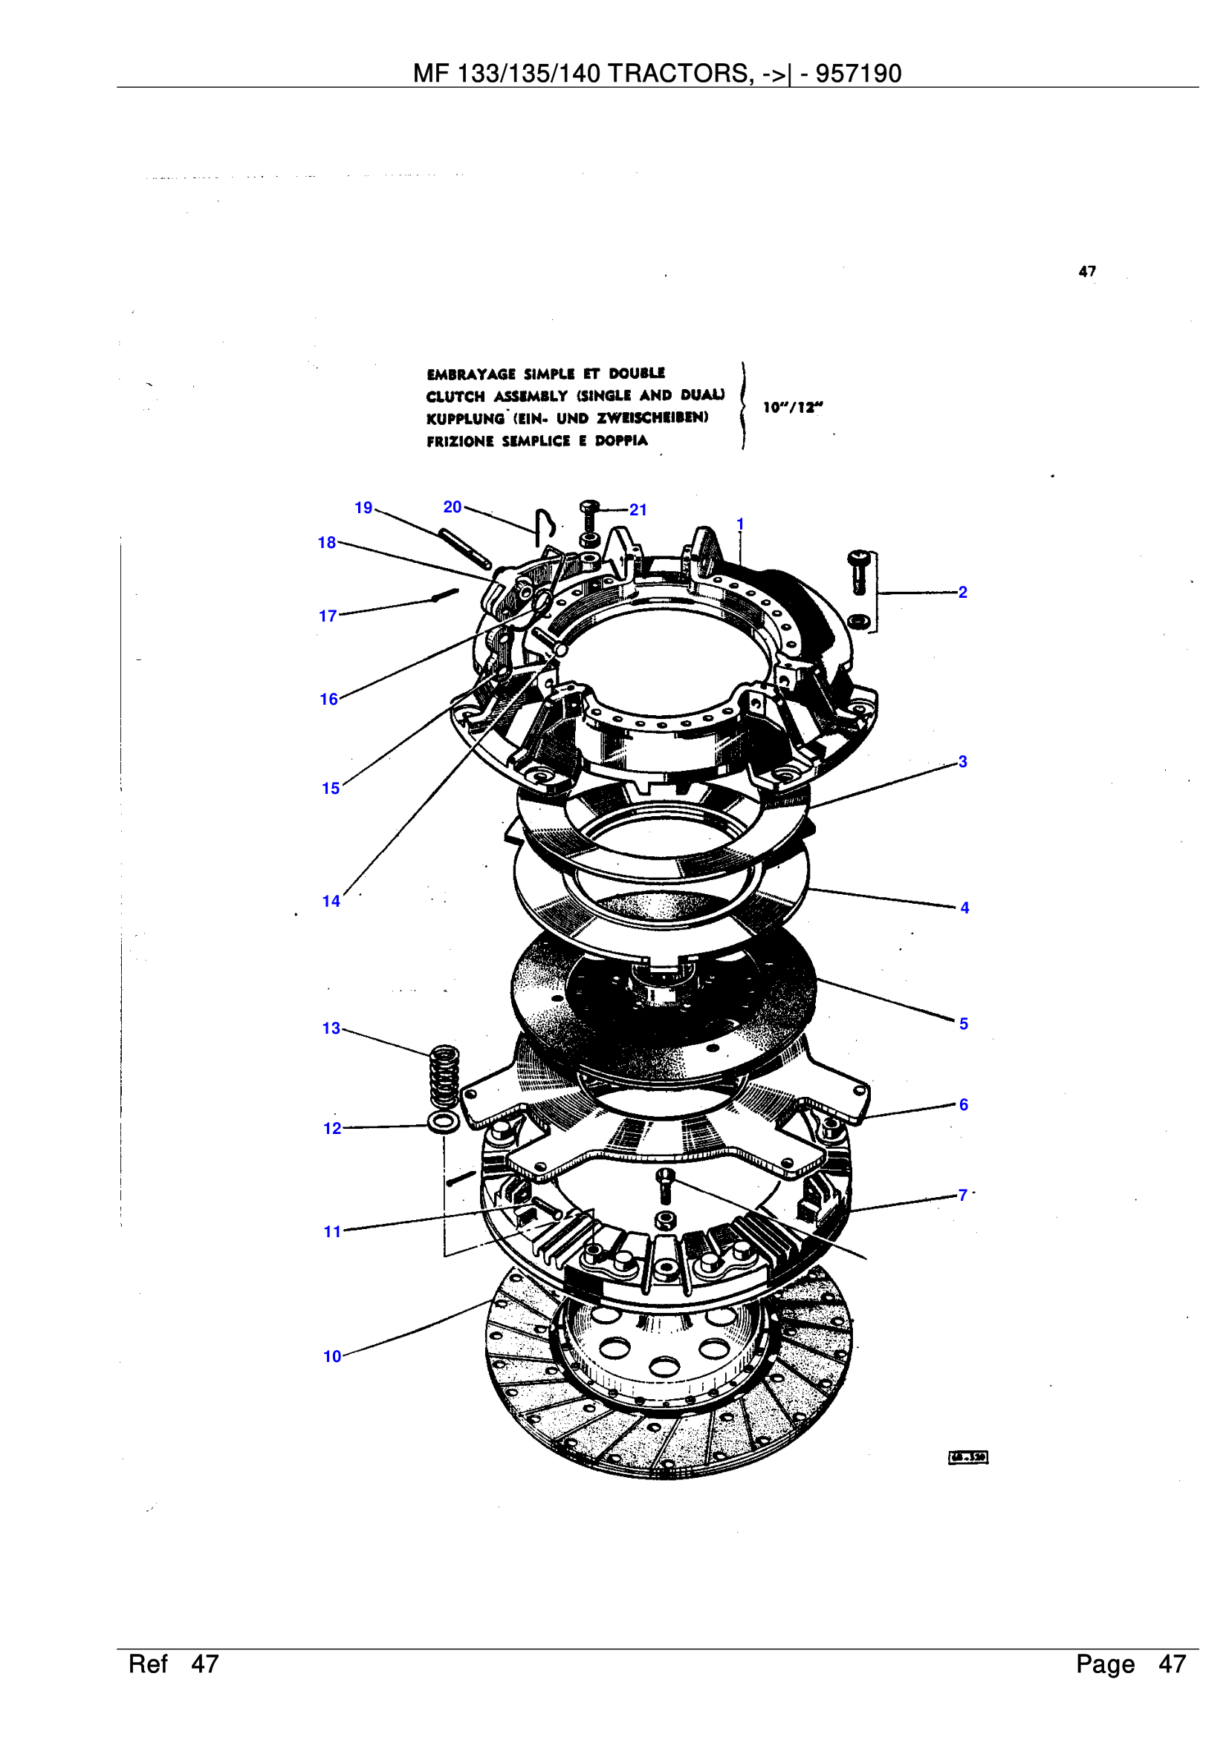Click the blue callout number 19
[x=363, y=508]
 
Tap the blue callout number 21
[x=638, y=510]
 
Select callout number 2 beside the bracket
[x=962, y=592]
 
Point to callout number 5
[x=964, y=1023]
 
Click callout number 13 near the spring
[x=331, y=1028]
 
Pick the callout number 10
[x=332, y=1357]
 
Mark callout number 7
[x=962, y=1196]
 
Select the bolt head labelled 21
[x=588, y=506]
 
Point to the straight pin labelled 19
[x=464, y=549]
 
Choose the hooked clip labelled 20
[x=545, y=524]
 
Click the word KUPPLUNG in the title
[x=464, y=418]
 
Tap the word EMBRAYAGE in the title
[x=470, y=374]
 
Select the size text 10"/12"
[x=792, y=407]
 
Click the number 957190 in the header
[x=858, y=74]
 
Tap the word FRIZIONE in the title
[x=459, y=441]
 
